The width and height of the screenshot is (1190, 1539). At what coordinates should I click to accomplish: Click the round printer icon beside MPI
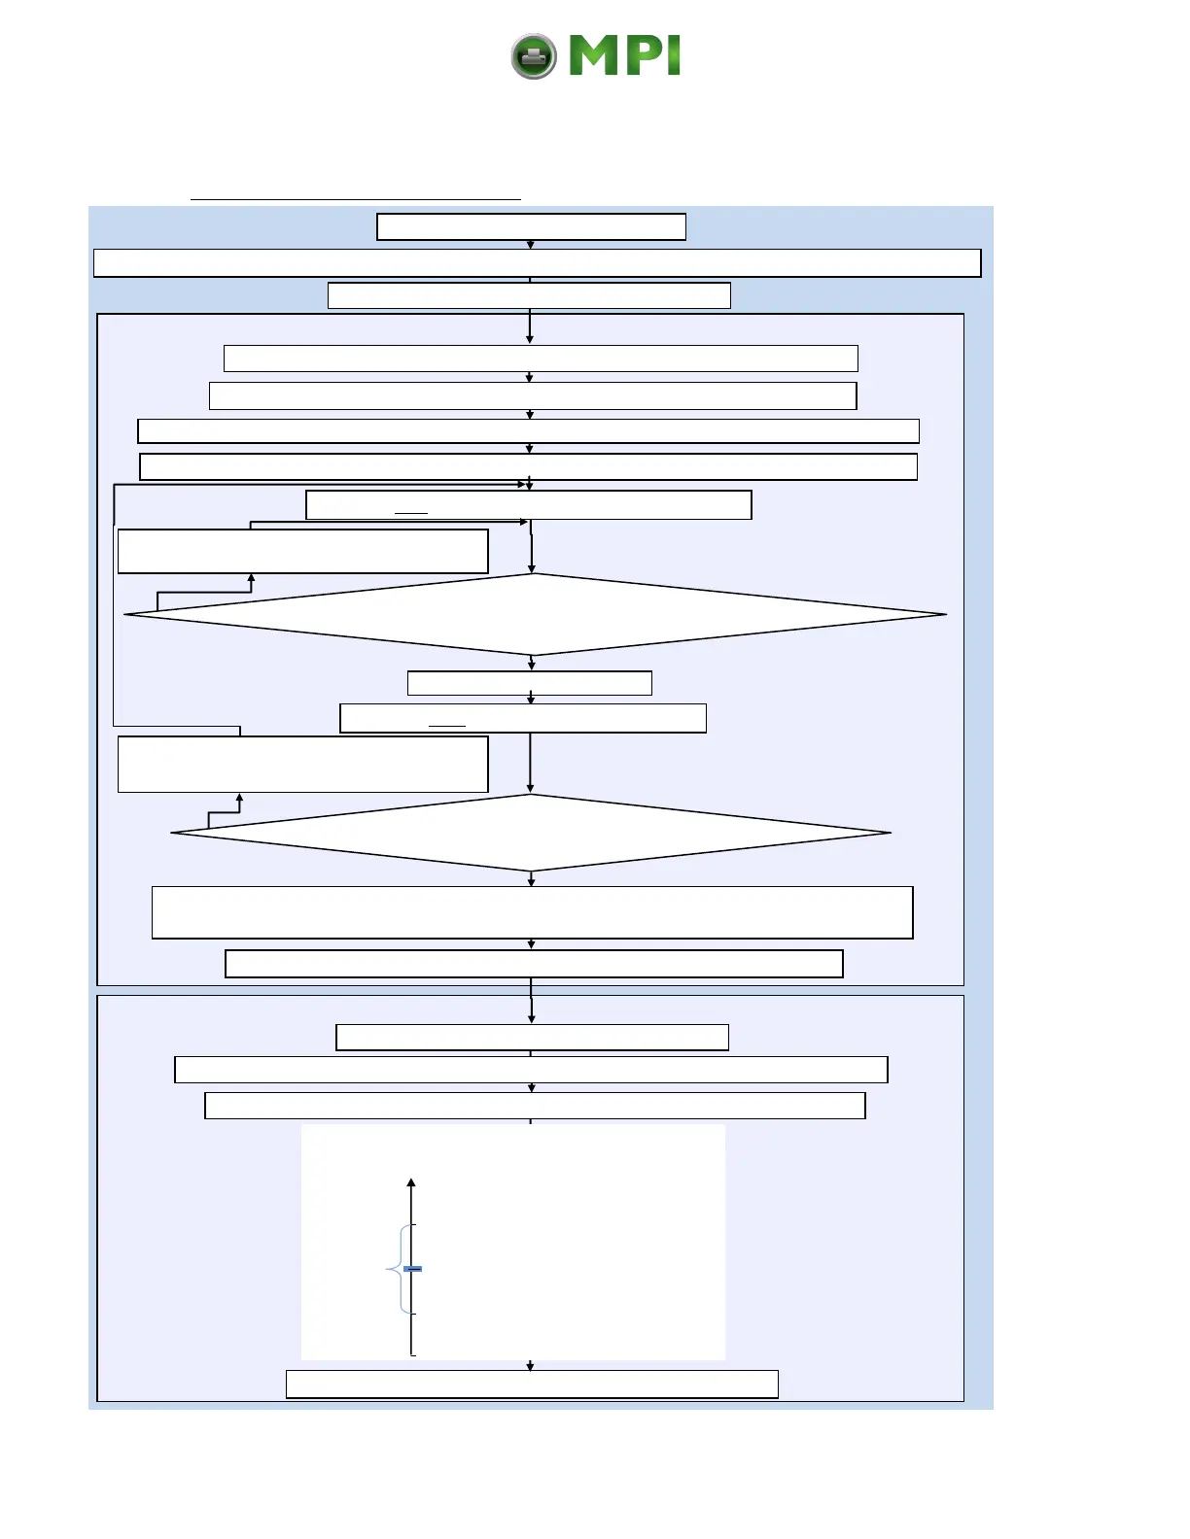pos(534,56)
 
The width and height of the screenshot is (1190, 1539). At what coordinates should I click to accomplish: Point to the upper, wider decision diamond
pos(534,614)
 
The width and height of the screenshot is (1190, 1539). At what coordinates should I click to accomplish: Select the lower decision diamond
pos(531,833)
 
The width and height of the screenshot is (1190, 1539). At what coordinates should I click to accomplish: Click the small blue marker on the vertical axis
pos(412,1269)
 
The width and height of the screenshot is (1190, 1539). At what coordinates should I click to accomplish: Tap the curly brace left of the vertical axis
pos(397,1269)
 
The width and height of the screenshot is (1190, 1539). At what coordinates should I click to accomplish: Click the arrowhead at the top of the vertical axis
pos(411,1183)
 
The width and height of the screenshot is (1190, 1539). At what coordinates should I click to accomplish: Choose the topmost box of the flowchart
pos(531,226)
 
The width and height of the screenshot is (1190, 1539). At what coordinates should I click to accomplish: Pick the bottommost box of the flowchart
pos(532,1384)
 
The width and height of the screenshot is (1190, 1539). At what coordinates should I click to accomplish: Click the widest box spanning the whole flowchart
pos(537,263)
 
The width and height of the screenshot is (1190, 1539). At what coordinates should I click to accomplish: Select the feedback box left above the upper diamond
pos(302,551)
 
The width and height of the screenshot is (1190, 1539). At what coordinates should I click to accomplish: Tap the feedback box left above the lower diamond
pos(302,764)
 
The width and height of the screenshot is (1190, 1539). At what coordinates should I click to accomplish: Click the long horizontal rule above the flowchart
pos(355,199)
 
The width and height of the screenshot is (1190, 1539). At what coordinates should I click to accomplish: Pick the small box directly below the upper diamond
pos(529,683)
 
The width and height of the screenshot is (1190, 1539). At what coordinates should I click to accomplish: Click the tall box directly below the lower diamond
pos(532,912)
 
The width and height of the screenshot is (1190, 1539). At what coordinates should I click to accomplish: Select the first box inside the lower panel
pos(532,1038)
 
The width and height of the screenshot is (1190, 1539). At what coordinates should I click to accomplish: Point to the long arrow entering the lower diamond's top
pos(530,763)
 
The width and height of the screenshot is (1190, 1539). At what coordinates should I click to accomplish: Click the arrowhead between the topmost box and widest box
pos(530,245)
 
